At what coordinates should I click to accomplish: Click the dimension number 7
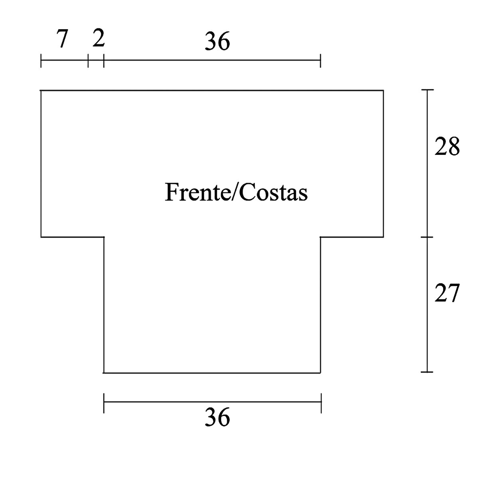pyautogui.click(x=62, y=40)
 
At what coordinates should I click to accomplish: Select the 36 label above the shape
pyautogui.click(x=218, y=42)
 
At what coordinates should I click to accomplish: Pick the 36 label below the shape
pyautogui.click(x=218, y=418)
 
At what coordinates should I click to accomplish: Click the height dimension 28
pyautogui.click(x=447, y=147)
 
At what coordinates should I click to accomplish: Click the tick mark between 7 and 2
pyautogui.click(x=88, y=61)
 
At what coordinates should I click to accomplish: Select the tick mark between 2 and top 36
pyautogui.click(x=103, y=61)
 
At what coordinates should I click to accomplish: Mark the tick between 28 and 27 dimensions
pyautogui.click(x=428, y=237)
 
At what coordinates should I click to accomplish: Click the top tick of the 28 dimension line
pyautogui.click(x=428, y=91)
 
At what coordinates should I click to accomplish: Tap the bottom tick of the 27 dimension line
pyautogui.click(x=428, y=372)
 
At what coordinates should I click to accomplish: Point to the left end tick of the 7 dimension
pyautogui.click(x=41, y=61)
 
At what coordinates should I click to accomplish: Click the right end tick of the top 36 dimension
pyautogui.click(x=321, y=61)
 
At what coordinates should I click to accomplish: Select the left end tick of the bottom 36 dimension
pyautogui.click(x=104, y=403)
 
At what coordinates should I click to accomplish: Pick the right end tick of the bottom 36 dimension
pyautogui.click(x=321, y=403)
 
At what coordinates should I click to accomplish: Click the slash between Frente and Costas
pyautogui.click(x=235, y=192)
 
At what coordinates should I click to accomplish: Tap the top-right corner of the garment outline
pyautogui.click(x=384, y=91)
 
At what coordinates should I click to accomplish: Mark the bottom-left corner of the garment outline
pyautogui.click(x=104, y=372)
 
